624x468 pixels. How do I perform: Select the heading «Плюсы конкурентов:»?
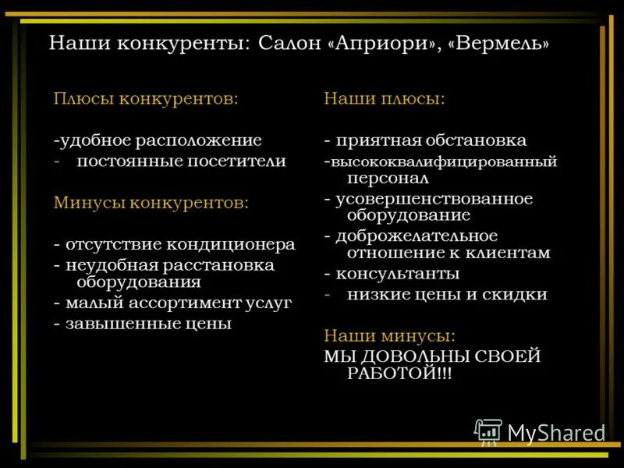pyautogui.click(x=146, y=100)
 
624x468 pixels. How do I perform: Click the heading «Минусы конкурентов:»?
pyautogui.click(x=151, y=203)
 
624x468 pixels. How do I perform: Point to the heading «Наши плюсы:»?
pyautogui.click(x=385, y=100)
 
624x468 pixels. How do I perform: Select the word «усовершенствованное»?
pyautogui.click(x=434, y=199)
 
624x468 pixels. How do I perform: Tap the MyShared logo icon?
pyautogui.click(x=489, y=431)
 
